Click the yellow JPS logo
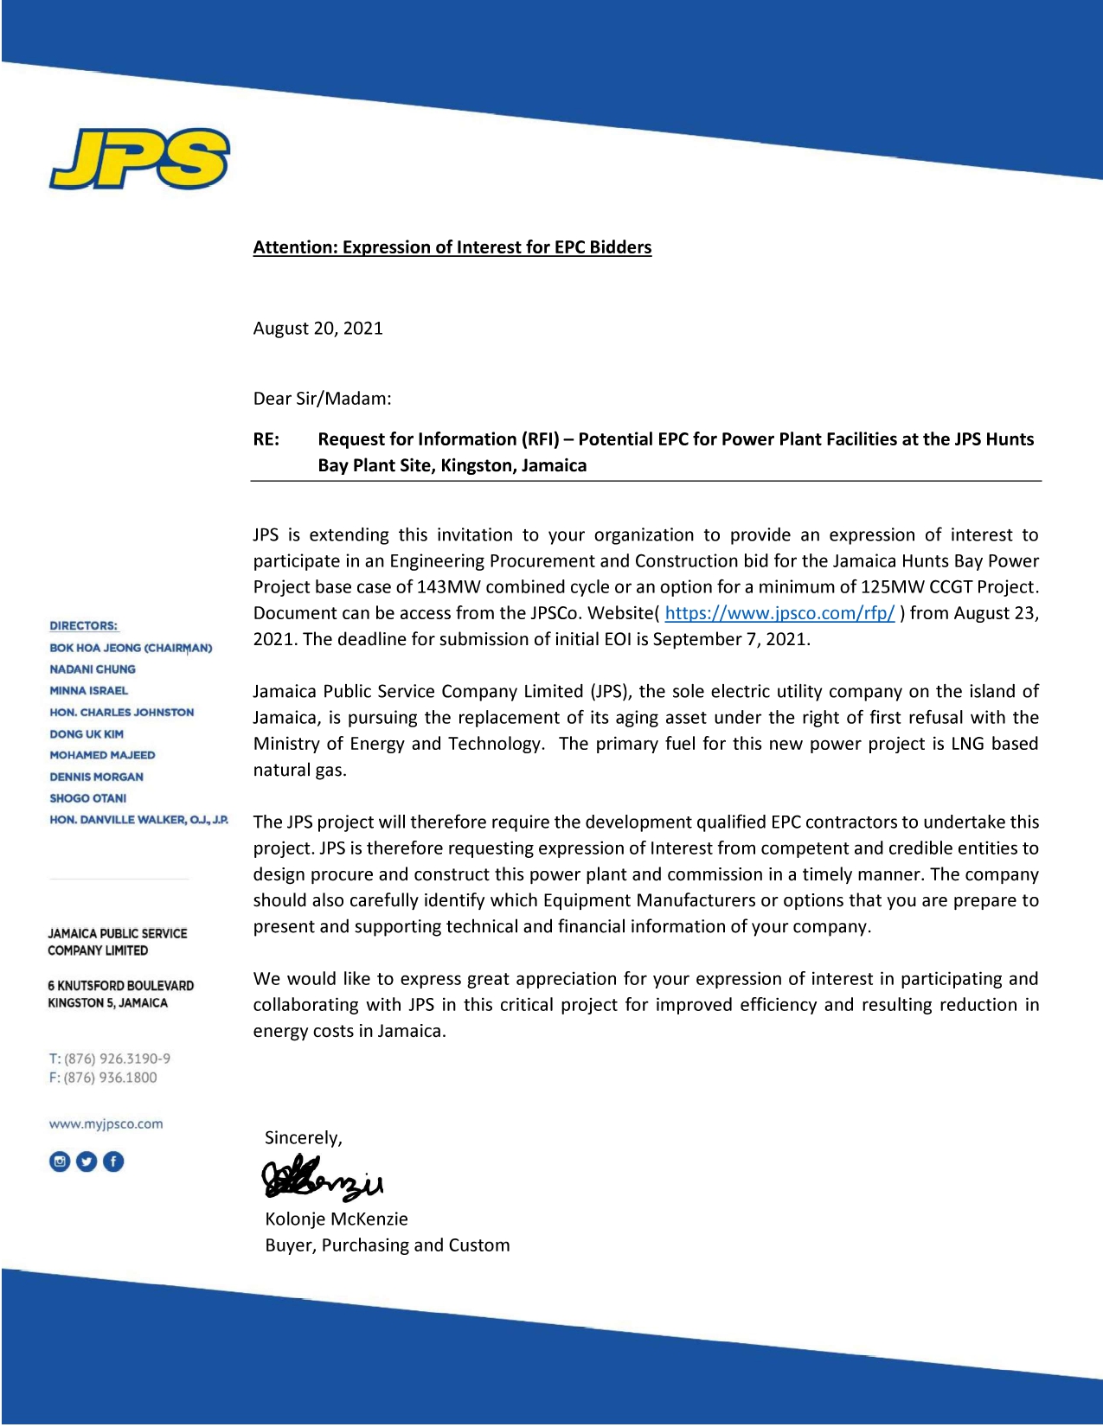click(139, 159)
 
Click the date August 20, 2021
click(317, 329)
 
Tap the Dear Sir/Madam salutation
click(322, 399)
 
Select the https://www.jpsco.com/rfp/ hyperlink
click(779, 613)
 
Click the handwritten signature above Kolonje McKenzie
click(322, 1179)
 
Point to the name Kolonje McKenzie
click(336, 1219)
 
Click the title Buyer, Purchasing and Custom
click(387, 1245)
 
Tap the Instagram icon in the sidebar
click(60, 1161)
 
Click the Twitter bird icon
click(87, 1161)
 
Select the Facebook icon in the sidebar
click(113, 1161)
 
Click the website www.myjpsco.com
click(106, 1124)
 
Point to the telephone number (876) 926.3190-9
click(117, 1059)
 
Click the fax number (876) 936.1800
click(110, 1078)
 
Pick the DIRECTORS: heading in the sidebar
click(83, 626)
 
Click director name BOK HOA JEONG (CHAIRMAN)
click(131, 648)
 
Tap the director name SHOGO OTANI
click(87, 798)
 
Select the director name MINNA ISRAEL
click(88, 691)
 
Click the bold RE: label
click(266, 439)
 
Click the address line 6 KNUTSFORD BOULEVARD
click(120, 986)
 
